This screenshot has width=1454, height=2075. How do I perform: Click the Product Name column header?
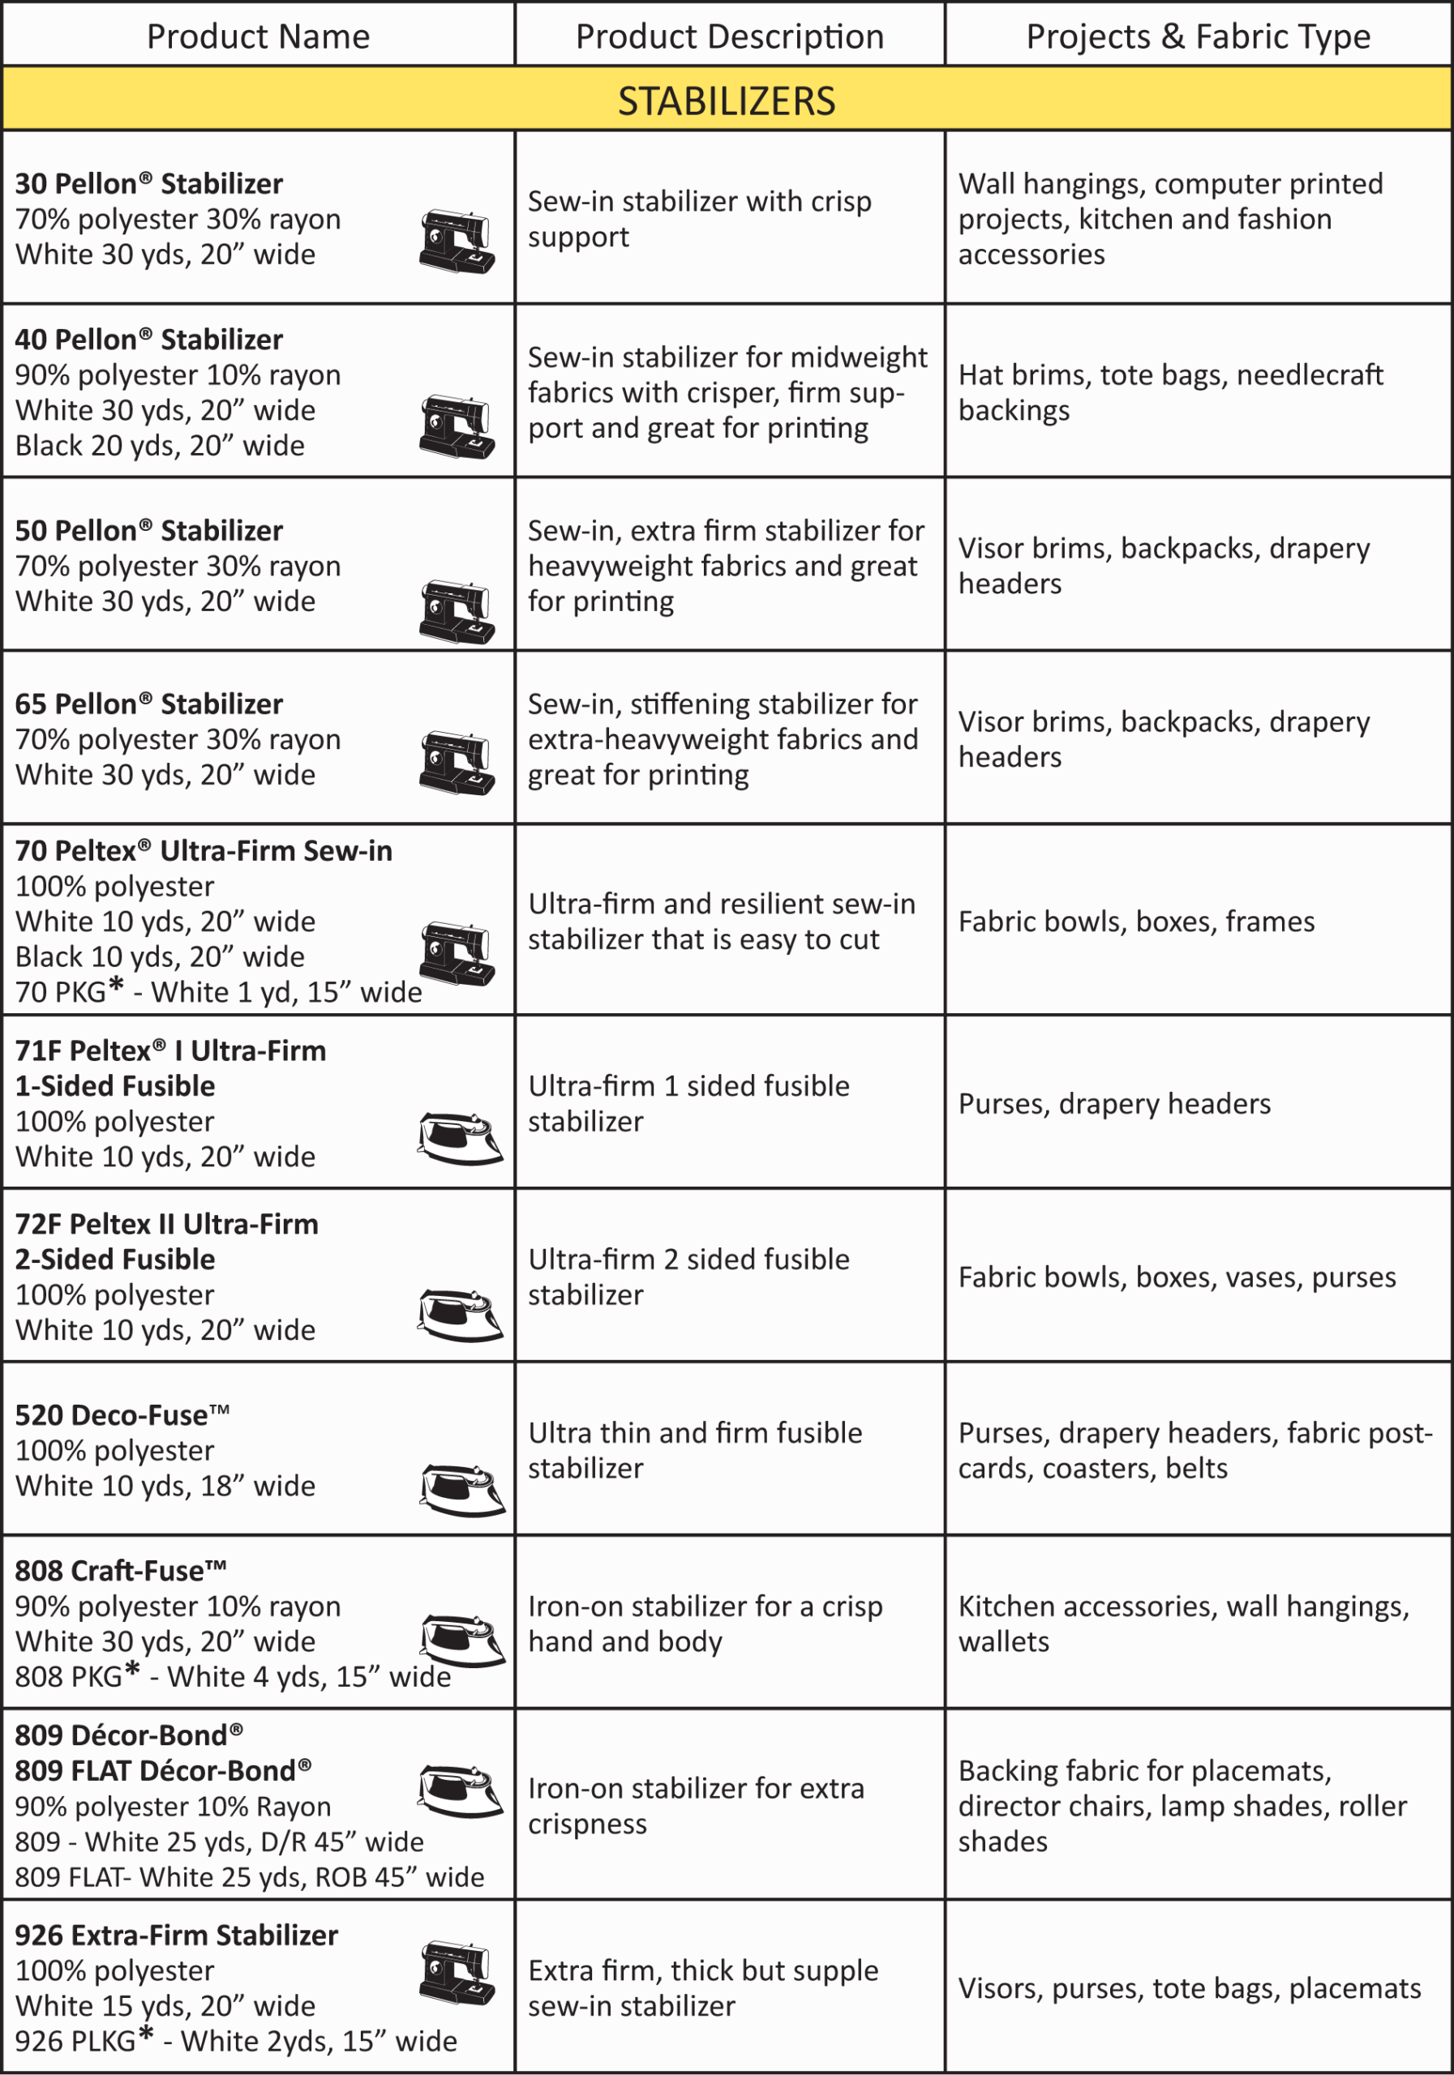pos(258,36)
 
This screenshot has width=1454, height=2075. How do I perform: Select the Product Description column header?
pos(730,36)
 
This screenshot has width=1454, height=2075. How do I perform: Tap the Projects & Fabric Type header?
pos(1198,36)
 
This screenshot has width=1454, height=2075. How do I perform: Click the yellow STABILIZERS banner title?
pos(726,101)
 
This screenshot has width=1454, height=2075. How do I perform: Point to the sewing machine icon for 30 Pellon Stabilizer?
pos(457,242)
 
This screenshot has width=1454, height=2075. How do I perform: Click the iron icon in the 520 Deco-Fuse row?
pos(462,1488)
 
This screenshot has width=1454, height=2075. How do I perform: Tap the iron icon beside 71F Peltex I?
pos(459,1138)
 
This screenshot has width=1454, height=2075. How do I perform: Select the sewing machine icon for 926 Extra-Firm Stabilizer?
pos(457,1972)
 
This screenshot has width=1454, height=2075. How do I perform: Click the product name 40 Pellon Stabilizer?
pos(149,340)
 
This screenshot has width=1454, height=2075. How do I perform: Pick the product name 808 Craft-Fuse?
pos(120,1571)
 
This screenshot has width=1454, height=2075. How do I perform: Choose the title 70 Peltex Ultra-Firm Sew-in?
pos(204,851)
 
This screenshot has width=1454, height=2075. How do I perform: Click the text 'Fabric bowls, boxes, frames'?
pos(1136,922)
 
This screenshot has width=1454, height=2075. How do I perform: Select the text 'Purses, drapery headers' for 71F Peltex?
pos(1114,1103)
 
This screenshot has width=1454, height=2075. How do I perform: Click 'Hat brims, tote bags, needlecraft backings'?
pos(1170,392)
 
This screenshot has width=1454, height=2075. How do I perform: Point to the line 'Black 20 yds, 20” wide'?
pos(160,446)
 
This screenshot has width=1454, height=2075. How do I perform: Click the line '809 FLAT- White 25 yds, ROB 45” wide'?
pos(250,1877)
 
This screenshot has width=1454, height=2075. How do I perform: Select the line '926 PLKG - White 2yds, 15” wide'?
pos(236,2041)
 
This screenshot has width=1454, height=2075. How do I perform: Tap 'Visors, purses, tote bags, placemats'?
pos(1189,1988)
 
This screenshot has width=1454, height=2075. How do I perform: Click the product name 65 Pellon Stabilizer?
pos(149,704)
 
